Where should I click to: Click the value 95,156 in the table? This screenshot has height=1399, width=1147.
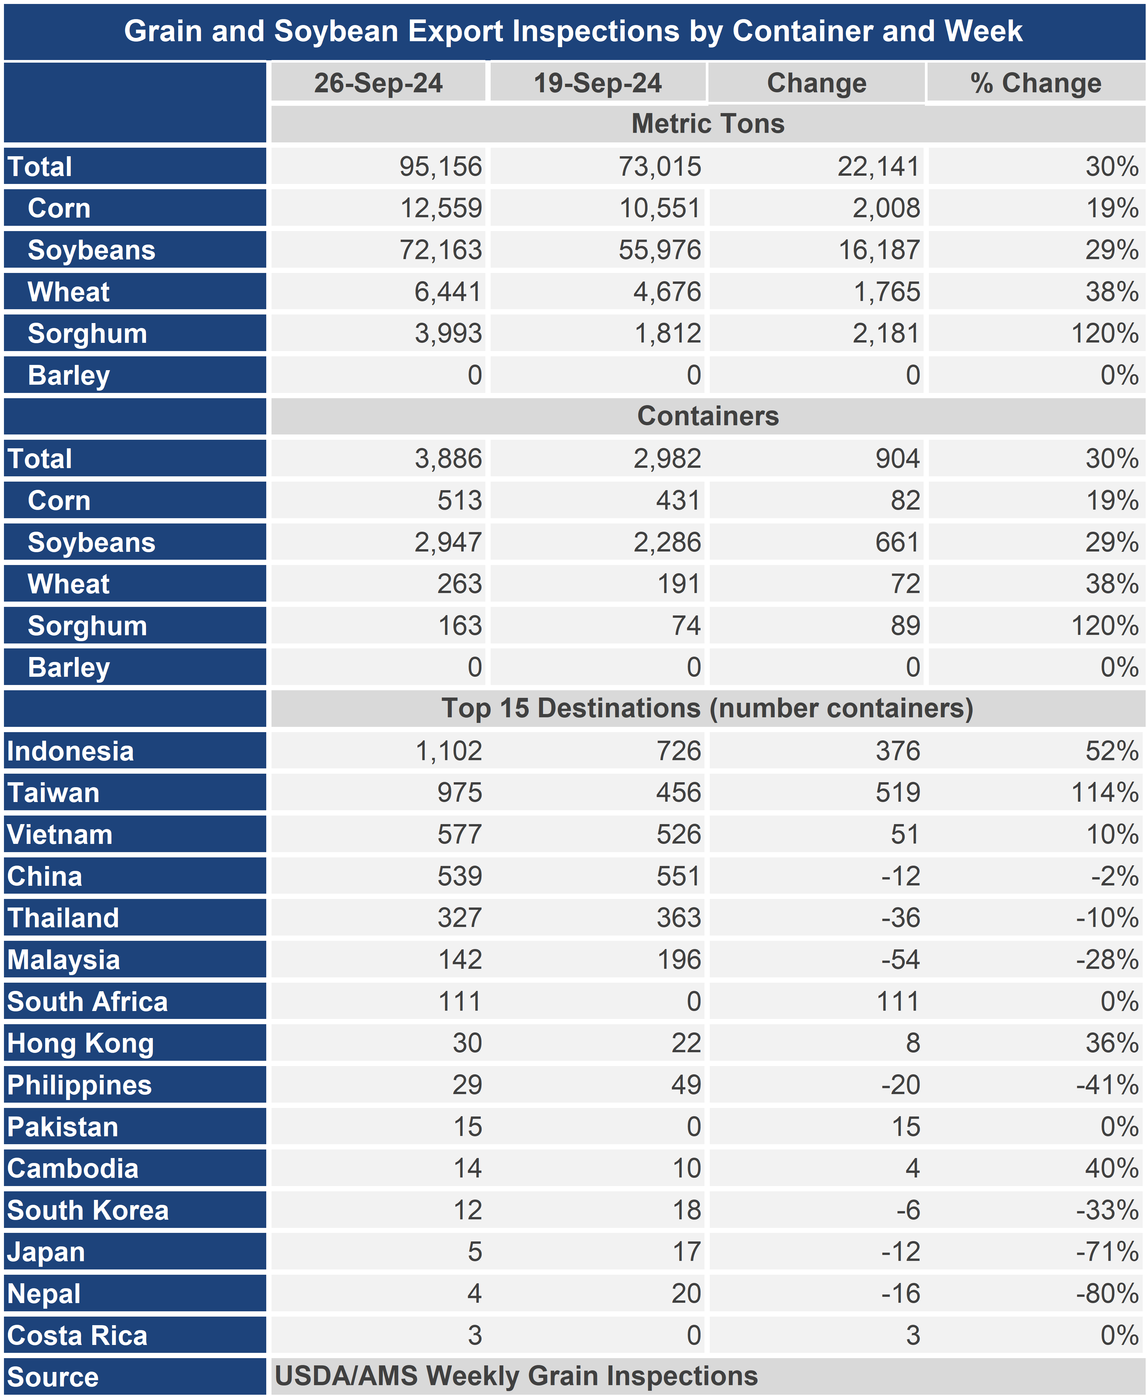[x=441, y=166]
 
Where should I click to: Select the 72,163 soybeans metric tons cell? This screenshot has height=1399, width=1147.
[x=441, y=250]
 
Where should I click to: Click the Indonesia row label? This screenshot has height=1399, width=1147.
[x=70, y=751]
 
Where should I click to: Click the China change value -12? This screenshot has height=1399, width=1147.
[x=901, y=876]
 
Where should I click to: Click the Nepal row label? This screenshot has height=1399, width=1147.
[x=43, y=1294]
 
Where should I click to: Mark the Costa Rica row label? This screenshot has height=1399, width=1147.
[x=77, y=1336]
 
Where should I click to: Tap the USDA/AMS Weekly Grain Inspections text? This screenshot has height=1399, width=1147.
[x=516, y=1376]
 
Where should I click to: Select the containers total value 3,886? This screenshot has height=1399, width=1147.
[x=449, y=459]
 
